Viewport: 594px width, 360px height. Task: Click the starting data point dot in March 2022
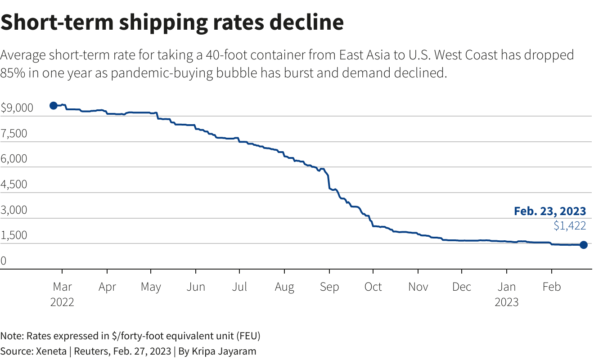(53, 105)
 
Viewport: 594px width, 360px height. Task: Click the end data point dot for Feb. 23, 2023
(583, 245)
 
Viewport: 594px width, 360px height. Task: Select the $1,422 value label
(570, 225)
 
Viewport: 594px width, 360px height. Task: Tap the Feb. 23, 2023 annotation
(550, 211)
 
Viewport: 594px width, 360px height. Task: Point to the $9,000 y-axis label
(17, 108)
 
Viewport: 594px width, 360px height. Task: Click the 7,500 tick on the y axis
(14, 134)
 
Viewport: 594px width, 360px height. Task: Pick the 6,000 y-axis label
(14, 159)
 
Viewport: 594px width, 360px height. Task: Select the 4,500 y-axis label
(14, 184)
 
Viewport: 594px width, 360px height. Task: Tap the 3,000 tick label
(14, 210)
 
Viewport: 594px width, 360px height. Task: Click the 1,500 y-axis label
(14, 235)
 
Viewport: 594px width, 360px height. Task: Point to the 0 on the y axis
(4, 261)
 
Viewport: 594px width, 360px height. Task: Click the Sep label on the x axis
(329, 287)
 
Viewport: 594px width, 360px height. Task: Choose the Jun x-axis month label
(195, 287)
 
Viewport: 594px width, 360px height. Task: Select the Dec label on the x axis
(462, 287)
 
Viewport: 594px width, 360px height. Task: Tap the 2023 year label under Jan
(507, 302)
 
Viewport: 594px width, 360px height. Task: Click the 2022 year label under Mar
(62, 302)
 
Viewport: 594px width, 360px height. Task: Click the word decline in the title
(306, 22)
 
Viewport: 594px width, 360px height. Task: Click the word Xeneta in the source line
(51, 351)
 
